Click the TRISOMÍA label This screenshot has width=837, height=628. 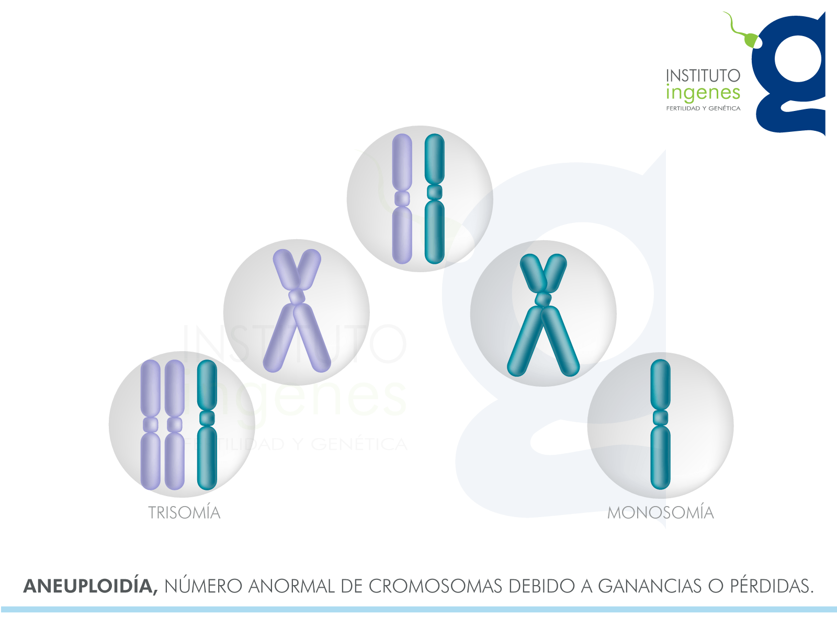tap(184, 512)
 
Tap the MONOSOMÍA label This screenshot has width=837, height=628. tap(660, 512)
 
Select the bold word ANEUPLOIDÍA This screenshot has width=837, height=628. tap(91, 586)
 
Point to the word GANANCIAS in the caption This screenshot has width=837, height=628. tap(650, 586)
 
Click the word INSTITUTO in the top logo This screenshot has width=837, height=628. tap(703, 76)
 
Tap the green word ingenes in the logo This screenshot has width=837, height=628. tap(703, 94)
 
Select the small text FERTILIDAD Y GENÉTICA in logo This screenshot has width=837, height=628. tap(703, 108)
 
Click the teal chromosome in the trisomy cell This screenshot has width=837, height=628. tap(207, 424)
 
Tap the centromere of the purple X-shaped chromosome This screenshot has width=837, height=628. tap(297, 297)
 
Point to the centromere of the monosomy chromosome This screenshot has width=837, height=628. tap(660, 418)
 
